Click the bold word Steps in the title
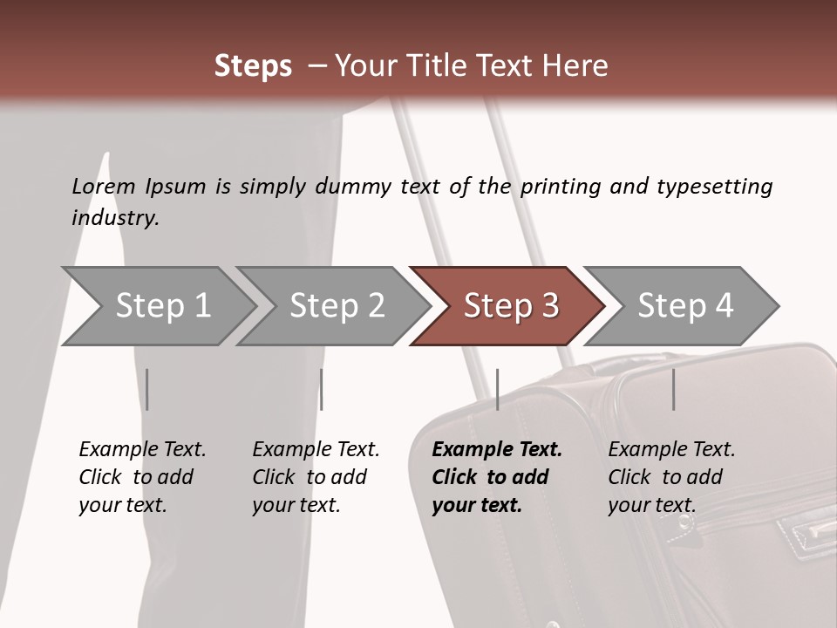[253, 66]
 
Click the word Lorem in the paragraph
[104, 186]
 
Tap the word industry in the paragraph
[115, 218]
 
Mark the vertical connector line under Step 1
[147, 389]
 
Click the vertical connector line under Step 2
[322, 389]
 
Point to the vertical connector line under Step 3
[497, 389]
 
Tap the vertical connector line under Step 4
[673, 389]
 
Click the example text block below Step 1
[142, 477]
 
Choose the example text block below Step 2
[316, 477]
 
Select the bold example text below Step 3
[497, 477]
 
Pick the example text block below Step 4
[671, 477]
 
